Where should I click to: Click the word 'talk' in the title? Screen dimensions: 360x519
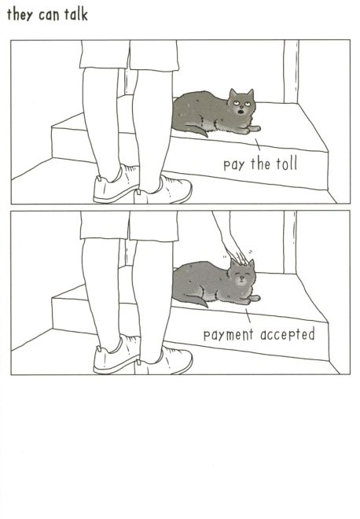pyautogui.click(x=75, y=14)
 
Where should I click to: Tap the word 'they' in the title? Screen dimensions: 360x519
pyautogui.click(x=20, y=15)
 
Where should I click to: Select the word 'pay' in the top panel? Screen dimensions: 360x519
pyautogui.click(x=234, y=165)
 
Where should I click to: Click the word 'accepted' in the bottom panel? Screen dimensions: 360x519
pyautogui.click(x=287, y=335)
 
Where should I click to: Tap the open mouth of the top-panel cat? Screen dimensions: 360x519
pyautogui.click(x=241, y=111)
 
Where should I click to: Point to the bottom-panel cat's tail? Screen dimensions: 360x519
pyautogui.click(x=196, y=301)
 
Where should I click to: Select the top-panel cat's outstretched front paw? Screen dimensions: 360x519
pyautogui.click(x=254, y=128)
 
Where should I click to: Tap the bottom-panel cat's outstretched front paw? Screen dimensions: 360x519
pyautogui.click(x=254, y=299)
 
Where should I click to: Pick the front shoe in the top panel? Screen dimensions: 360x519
pyautogui.click(x=163, y=190)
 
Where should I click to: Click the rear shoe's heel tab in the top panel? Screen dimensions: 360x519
pyautogui.click(x=98, y=179)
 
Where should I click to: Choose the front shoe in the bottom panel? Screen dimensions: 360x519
pyautogui.click(x=163, y=361)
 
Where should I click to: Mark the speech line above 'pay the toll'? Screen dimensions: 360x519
pyautogui.click(x=258, y=145)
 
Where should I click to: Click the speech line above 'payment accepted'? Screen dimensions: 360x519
pyautogui.click(x=248, y=316)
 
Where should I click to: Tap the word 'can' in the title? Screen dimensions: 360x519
pyautogui.click(x=48, y=16)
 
